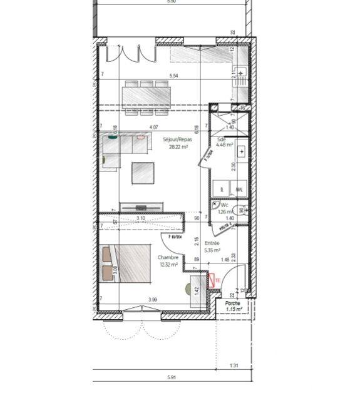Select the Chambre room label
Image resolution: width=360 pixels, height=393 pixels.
coord(168,257)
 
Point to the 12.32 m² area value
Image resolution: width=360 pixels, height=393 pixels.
coord(168,264)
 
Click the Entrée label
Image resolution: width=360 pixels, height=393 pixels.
coord(212,244)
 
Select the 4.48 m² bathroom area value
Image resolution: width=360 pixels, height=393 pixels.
coord(225,145)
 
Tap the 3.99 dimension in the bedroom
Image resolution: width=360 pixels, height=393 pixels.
coord(153,300)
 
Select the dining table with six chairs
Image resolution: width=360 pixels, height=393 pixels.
coord(147,96)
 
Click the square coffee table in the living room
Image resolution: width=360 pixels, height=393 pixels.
coord(143,173)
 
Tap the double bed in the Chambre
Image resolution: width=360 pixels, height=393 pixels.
coord(130,261)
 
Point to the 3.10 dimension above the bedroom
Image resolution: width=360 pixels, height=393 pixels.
coord(141,218)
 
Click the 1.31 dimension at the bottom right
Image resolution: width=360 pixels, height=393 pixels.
coord(235,365)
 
